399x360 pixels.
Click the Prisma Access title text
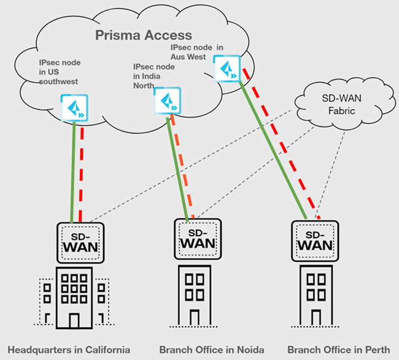(144, 36)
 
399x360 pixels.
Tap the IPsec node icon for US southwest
(74, 107)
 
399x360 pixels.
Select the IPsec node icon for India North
(167, 99)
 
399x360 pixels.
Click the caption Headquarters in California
(69, 350)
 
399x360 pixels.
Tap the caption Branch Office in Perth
(338, 350)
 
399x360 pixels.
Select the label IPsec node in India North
(153, 75)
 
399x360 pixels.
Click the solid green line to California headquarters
(73, 172)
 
